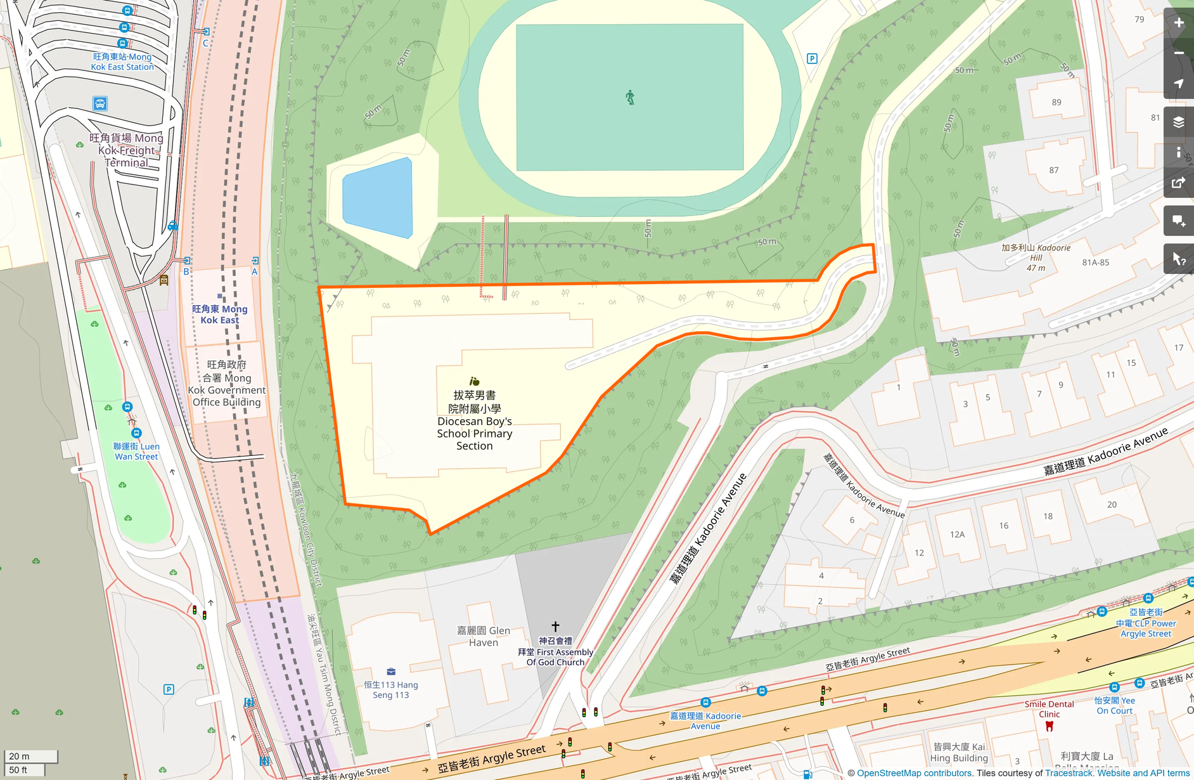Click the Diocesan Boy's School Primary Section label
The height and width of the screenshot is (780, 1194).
coord(474,420)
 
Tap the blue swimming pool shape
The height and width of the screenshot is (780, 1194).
coord(378,198)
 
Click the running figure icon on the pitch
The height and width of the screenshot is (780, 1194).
coord(630,98)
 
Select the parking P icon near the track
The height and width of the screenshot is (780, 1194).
coord(812,58)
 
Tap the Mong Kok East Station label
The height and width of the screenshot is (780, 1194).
coord(122,62)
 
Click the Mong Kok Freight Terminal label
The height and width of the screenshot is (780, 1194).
coord(127,150)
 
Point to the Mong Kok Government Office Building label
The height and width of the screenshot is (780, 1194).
coord(226,383)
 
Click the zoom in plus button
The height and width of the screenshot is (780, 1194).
coord(1179,23)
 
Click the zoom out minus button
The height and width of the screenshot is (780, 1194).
coord(1179,53)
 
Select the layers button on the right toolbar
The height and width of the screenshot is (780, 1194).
coord(1179,122)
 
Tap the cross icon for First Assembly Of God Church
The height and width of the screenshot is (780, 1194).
coord(555,627)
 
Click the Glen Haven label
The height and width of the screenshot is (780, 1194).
coord(484,636)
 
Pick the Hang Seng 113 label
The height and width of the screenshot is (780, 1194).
coord(391,689)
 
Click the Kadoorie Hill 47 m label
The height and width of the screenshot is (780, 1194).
coord(1036,257)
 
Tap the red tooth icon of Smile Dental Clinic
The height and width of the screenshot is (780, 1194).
coord(1049,726)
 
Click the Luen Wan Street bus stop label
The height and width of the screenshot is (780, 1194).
coord(136,451)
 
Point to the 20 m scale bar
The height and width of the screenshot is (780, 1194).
coord(30,756)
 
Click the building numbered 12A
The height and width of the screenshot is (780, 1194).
coord(957,535)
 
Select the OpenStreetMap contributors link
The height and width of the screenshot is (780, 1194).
coord(914,773)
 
